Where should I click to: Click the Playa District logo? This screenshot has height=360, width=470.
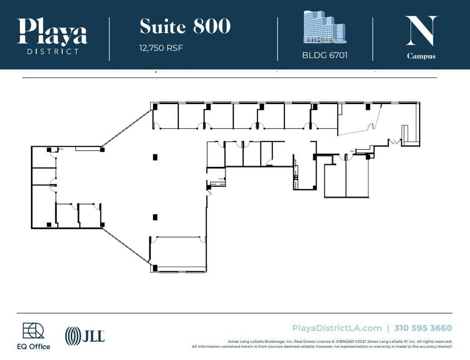[52, 35]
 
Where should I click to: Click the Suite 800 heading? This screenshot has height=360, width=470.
[185, 27]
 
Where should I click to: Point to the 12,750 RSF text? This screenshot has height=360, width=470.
[161, 48]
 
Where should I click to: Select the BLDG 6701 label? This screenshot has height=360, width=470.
[325, 56]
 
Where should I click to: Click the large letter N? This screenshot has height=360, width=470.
[421, 31]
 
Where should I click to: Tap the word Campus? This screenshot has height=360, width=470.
[421, 56]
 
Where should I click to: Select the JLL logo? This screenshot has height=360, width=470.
[85, 336]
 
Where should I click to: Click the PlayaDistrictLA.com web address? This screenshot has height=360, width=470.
[337, 328]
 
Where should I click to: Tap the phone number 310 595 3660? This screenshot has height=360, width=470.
[423, 328]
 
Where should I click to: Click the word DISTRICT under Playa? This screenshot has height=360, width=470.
[53, 51]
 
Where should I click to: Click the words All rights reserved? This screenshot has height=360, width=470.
[435, 341]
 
